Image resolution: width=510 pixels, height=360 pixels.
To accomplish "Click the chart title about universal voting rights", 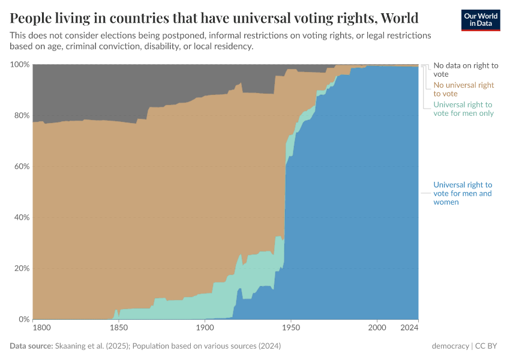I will (x=214, y=17).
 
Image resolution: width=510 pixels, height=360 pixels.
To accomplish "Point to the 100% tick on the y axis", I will (x=19, y=64).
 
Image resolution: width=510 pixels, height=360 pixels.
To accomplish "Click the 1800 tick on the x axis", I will (x=41, y=328).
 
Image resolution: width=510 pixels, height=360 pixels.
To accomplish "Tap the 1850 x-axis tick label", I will (x=119, y=328).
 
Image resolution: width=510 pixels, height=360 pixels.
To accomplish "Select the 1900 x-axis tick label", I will (x=205, y=328).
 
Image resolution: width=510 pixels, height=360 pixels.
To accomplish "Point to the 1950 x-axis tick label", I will (x=290, y=328).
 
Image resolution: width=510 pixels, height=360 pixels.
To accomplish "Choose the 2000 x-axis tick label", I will (x=377, y=328).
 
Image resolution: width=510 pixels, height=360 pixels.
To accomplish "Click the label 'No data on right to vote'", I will (x=466, y=70).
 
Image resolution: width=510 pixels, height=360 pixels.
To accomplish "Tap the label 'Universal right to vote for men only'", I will (x=463, y=109).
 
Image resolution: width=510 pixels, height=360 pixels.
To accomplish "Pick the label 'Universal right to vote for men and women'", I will (x=463, y=193).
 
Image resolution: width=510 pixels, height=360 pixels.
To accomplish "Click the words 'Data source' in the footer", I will (x=31, y=346).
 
